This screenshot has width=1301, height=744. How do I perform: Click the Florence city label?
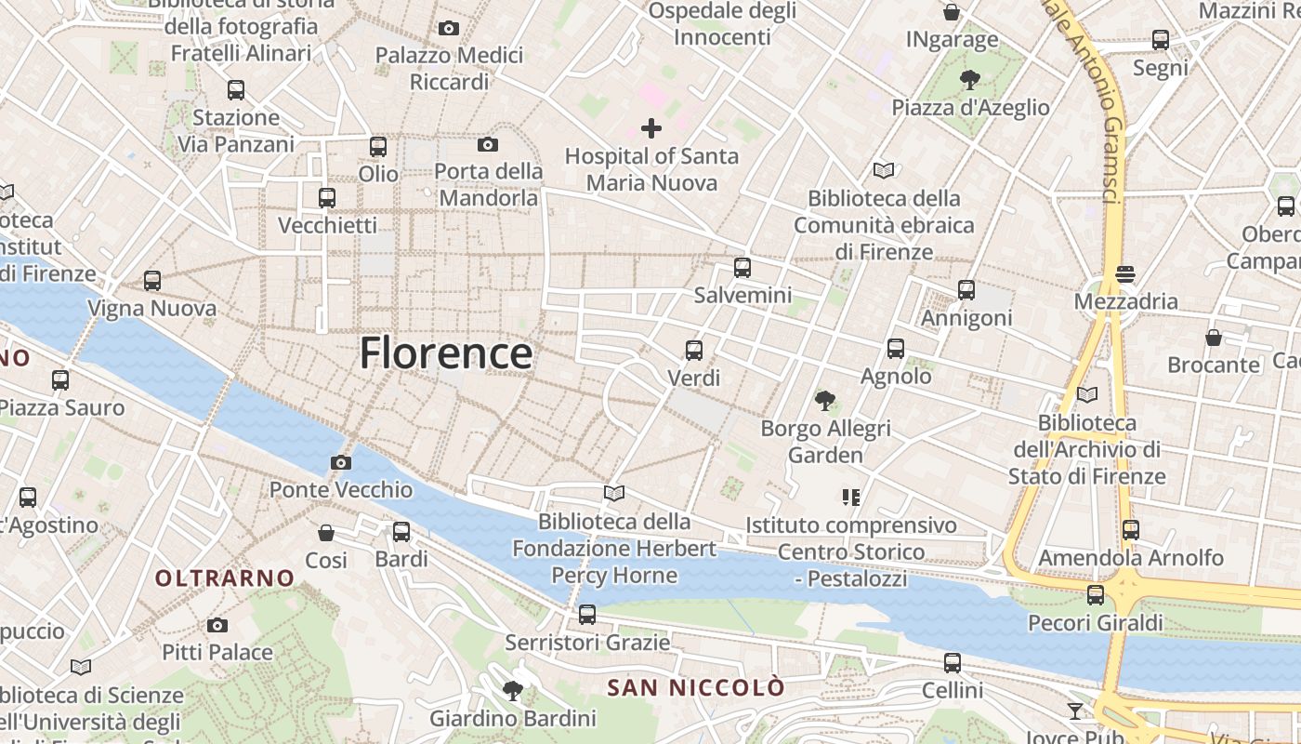pyautogui.click(x=446, y=353)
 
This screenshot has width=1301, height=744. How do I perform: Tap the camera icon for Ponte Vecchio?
pyautogui.click(x=341, y=462)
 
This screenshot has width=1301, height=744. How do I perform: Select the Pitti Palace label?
pyautogui.click(x=217, y=652)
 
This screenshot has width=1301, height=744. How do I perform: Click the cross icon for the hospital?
pyautogui.click(x=651, y=128)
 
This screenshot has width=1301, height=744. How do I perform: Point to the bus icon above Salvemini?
pyautogui.click(x=742, y=268)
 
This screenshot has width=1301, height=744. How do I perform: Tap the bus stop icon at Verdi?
pyautogui.click(x=693, y=351)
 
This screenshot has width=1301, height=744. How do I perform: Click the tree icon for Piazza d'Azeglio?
pyautogui.click(x=970, y=79)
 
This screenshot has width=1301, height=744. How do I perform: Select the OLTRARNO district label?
pyautogui.click(x=224, y=578)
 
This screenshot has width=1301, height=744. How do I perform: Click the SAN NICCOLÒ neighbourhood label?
pyautogui.click(x=696, y=688)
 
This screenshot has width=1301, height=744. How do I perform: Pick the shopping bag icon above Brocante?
pyautogui.click(x=1213, y=337)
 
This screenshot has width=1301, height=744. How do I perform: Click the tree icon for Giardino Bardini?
pyautogui.click(x=512, y=690)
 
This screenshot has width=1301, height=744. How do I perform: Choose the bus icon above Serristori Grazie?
pyautogui.click(x=586, y=614)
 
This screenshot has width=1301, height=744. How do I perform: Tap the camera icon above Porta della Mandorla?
pyautogui.click(x=488, y=144)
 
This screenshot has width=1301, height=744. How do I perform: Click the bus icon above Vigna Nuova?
pyautogui.click(x=152, y=280)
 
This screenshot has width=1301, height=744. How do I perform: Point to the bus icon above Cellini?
pyautogui.click(x=953, y=663)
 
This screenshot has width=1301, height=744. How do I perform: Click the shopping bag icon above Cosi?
pyautogui.click(x=326, y=533)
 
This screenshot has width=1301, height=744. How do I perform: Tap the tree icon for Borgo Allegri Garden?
pyautogui.click(x=824, y=401)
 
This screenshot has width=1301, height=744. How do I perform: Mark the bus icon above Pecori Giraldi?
pyautogui.click(x=1096, y=595)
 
